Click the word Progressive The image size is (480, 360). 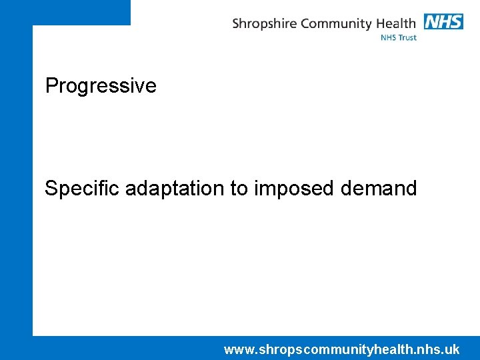[x=101, y=86]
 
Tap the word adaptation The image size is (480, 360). [x=175, y=189]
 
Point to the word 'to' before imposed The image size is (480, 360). [x=239, y=189]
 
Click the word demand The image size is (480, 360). [x=379, y=189]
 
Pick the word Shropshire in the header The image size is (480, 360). [x=265, y=24]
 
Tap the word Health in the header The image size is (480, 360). [x=397, y=23]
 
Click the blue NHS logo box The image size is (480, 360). [x=443, y=22]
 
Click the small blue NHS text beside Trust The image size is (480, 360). [x=389, y=38]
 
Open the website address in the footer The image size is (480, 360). [x=341, y=349]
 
